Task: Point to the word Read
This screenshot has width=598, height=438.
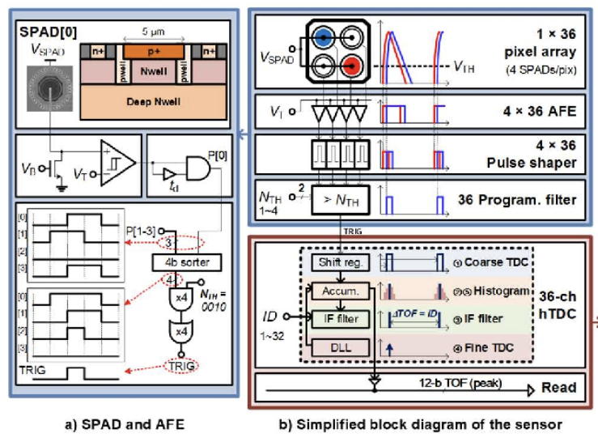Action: [x=558, y=388]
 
